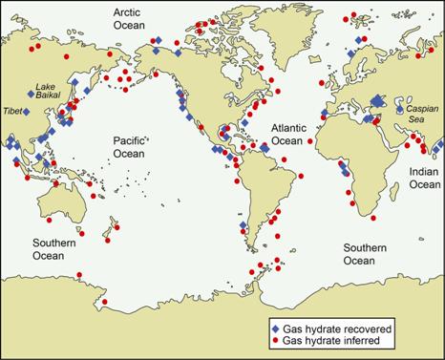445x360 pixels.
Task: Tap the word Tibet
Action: [x=14, y=112]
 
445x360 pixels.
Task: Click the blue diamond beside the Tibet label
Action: [x=28, y=112]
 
